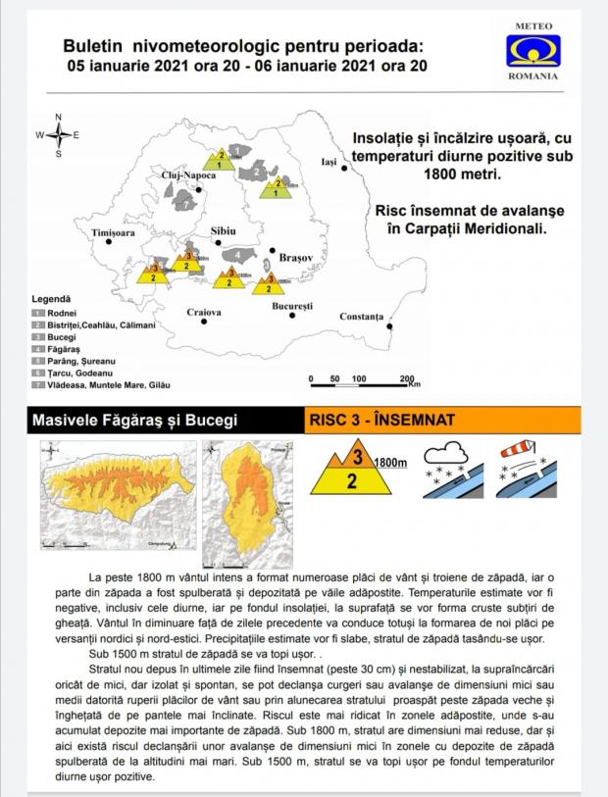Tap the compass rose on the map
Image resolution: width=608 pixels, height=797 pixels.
pos(58,135)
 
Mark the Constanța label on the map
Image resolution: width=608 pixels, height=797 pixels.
pos(361,317)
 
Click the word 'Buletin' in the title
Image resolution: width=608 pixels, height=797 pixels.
pos(93,46)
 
